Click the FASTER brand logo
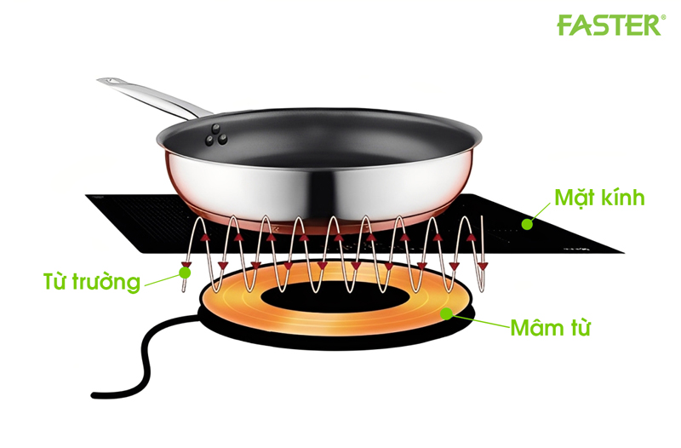click(608, 26)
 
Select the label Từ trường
click(91, 281)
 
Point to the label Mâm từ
click(549, 327)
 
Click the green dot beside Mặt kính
click(528, 224)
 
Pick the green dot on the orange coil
click(446, 314)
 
